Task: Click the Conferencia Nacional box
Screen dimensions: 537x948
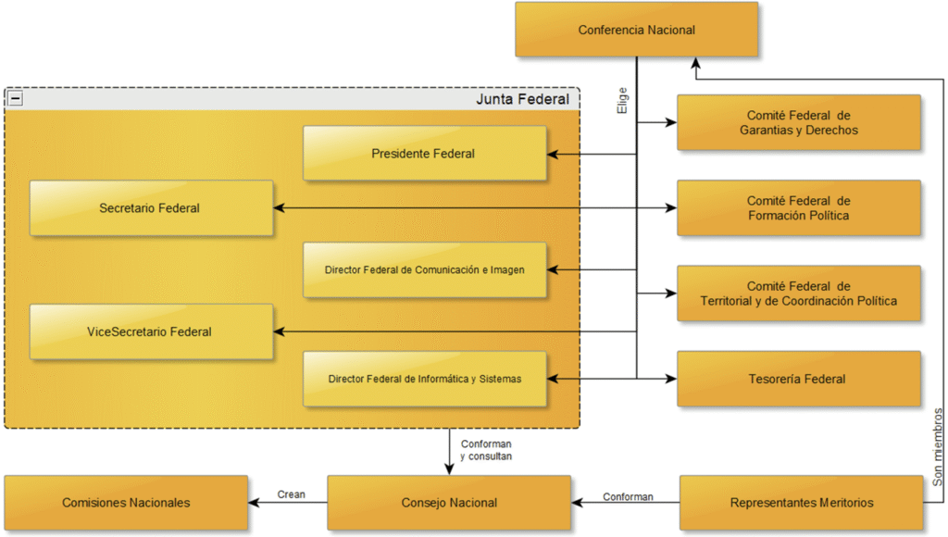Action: click(636, 30)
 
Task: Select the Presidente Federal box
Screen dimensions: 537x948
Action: click(424, 154)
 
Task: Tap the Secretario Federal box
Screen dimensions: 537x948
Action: click(150, 208)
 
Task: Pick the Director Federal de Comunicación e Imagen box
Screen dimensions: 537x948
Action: click(424, 270)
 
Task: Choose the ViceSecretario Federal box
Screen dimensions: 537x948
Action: click(150, 331)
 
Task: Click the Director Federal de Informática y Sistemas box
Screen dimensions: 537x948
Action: click(424, 379)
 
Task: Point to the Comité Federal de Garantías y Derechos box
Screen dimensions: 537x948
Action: click(798, 122)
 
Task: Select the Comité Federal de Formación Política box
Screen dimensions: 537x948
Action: click(798, 208)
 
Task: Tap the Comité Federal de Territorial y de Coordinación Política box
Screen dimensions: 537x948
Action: click(798, 293)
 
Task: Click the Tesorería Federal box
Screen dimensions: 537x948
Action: click(798, 379)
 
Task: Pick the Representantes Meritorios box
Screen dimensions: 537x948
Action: click(801, 503)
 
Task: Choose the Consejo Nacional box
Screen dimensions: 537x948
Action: click(449, 503)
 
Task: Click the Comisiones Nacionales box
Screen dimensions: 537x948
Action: click(126, 503)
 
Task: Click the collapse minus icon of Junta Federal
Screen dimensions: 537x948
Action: click(16, 98)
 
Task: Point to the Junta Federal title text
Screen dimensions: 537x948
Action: click(522, 99)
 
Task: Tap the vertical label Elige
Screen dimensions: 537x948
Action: click(623, 101)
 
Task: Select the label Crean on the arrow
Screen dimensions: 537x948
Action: click(291, 494)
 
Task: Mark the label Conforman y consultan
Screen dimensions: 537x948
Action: click(485, 450)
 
